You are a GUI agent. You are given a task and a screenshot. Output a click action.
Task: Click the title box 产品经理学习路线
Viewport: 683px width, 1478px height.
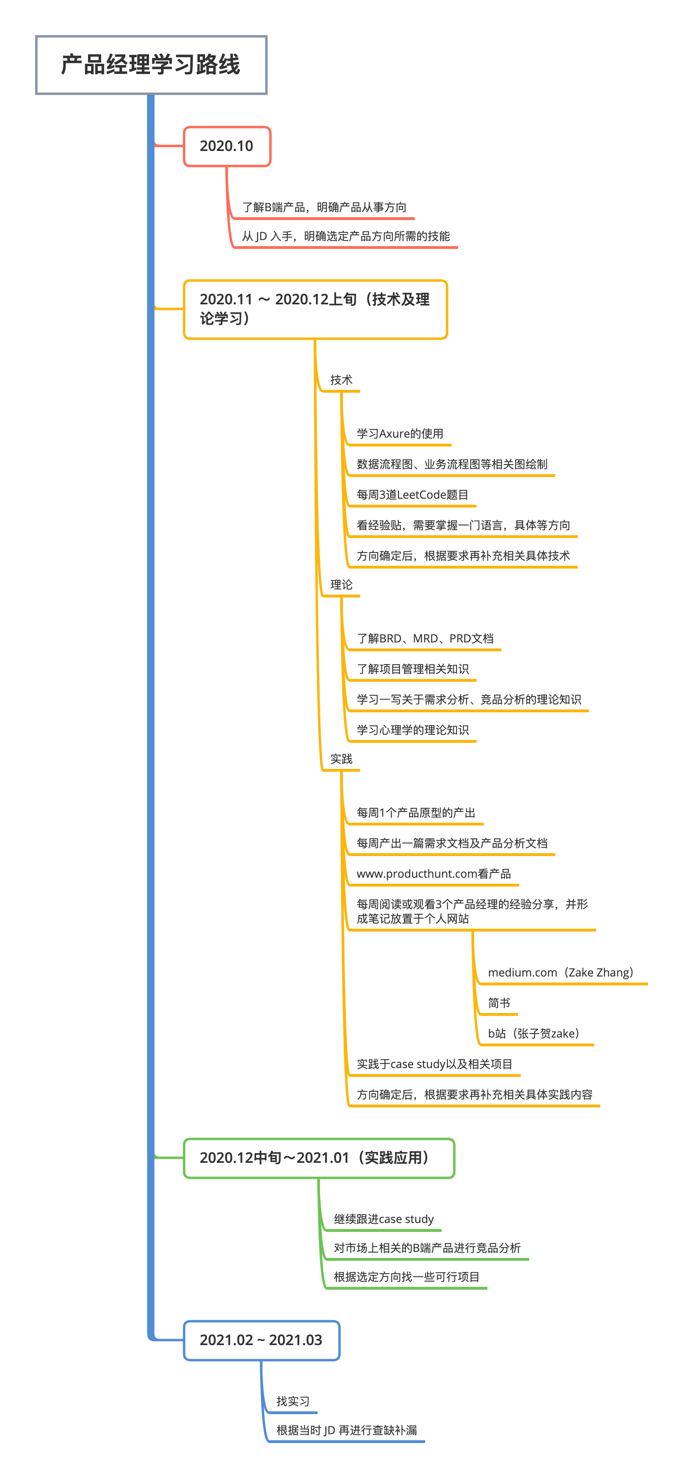point(151,65)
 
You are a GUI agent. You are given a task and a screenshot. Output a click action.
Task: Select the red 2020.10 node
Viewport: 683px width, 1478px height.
point(227,146)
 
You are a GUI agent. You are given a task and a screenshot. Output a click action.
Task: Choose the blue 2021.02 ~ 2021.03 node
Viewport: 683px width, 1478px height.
point(261,1340)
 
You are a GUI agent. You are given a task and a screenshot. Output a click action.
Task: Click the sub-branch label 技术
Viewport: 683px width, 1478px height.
point(341,380)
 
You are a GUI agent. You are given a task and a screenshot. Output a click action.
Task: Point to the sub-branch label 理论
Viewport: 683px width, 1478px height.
point(341,585)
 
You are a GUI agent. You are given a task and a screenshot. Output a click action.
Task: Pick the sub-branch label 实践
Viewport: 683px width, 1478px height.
point(341,759)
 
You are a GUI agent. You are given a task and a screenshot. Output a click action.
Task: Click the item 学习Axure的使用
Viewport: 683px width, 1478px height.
point(400,434)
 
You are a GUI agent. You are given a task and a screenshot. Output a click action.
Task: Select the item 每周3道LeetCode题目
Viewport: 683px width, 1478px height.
point(412,495)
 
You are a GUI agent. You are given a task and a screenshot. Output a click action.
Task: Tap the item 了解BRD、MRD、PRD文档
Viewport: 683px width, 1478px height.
point(425,638)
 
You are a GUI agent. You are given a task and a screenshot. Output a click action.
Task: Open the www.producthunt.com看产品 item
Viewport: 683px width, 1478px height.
point(433,874)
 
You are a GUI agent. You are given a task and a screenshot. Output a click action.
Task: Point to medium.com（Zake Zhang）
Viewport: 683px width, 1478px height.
point(560,972)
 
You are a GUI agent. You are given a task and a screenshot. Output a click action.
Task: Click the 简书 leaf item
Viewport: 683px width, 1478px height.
point(499,1003)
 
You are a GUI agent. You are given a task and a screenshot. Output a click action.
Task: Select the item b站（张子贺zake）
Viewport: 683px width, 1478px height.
point(534,1034)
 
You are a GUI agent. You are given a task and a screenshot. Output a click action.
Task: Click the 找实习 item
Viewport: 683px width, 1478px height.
point(293,1401)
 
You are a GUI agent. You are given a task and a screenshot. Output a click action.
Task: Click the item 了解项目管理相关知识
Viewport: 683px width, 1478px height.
point(412,669)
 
